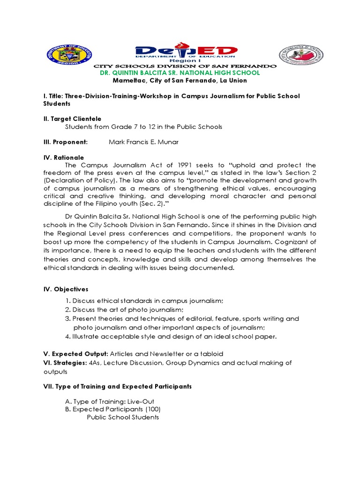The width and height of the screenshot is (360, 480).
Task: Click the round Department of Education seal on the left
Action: click(70, 56)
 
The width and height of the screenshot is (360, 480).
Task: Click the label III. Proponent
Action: click(65, 142)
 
